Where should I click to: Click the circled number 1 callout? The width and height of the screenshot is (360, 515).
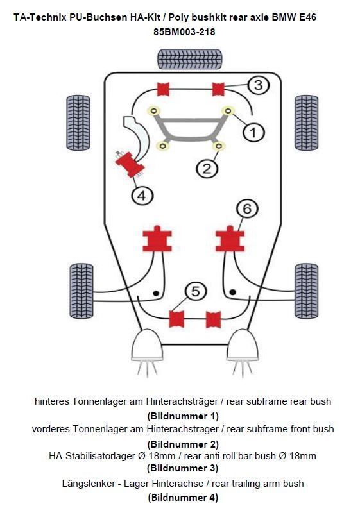point(253,133)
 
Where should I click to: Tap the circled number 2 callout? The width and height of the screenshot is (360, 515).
point(207,169)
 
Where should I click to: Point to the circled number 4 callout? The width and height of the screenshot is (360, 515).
point(142,195)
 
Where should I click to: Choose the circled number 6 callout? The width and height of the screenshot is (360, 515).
point(247,208)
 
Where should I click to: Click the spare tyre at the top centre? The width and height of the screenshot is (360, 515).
point(189,59)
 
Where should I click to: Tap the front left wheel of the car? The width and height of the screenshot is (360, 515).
point(78,122)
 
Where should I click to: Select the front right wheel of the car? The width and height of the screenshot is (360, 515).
point(306,122)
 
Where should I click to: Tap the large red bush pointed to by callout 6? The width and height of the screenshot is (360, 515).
point(230,239)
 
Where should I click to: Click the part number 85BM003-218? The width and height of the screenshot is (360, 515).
point(182,30)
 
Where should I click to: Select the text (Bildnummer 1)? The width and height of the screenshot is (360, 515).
point(183,416)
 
